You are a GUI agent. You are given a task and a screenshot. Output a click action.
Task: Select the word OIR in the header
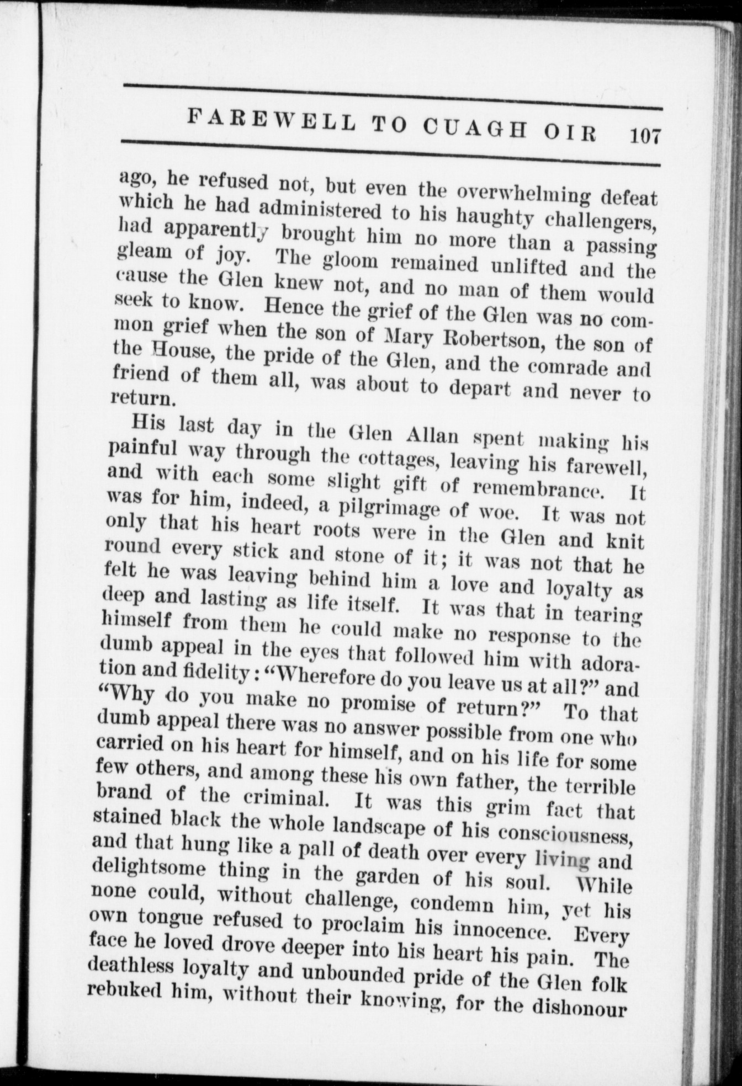click(x=570, y=134)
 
